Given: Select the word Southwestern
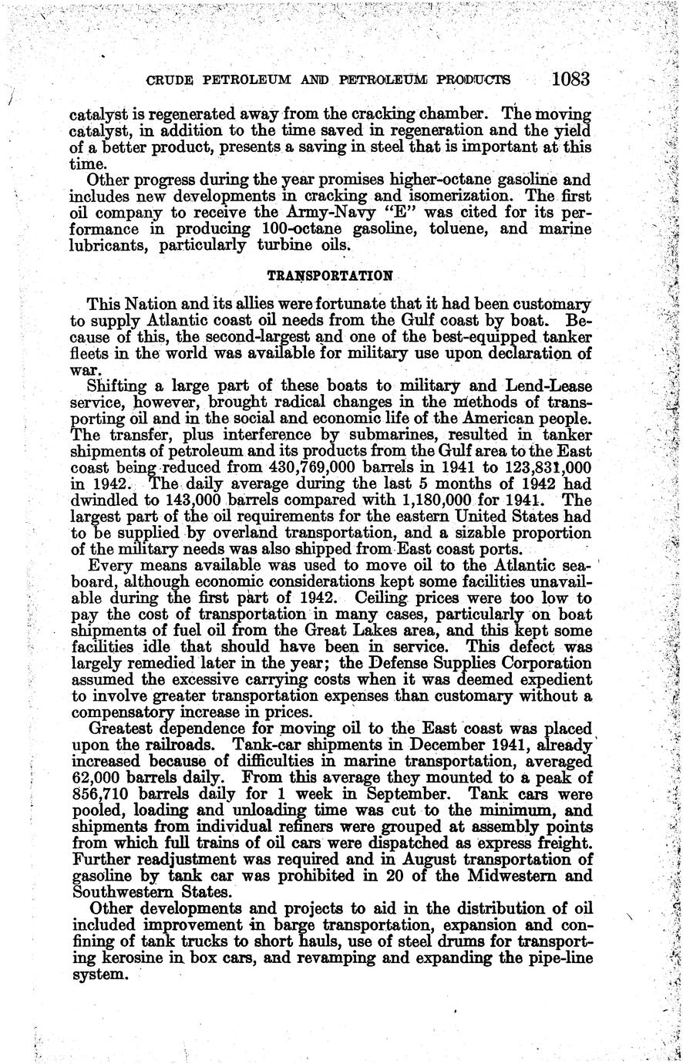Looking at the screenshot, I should [x=127, y=893].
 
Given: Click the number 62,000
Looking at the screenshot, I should [x=94, y=779].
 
